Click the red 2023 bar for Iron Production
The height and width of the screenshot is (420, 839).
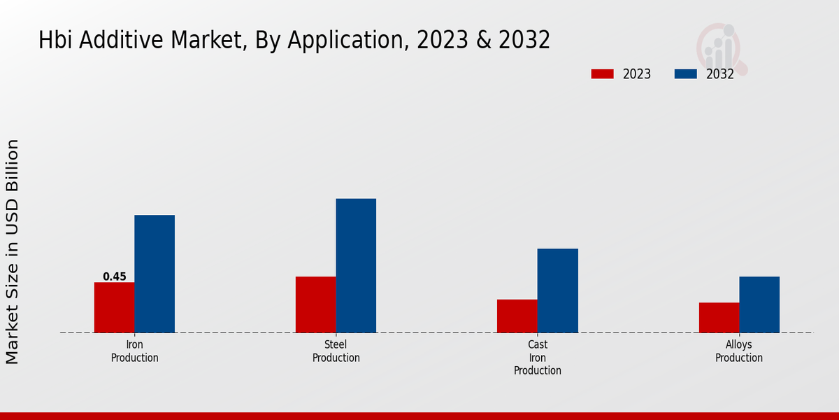click(114, 307)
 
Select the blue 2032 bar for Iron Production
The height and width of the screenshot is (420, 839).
click(155, 274)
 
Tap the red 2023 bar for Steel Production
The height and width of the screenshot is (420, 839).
click(315, 304)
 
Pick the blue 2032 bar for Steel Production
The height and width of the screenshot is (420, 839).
click(356, 265)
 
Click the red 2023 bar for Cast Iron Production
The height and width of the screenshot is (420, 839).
click(517, 316)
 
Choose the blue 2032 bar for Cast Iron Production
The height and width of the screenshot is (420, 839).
click(558, 290)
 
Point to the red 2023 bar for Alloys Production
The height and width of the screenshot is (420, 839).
click(719, 317)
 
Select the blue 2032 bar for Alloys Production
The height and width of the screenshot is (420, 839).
click(759, 304)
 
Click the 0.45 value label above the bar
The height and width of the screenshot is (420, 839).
click(115, 276)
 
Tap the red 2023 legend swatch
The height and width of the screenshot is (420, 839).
click(602, 74)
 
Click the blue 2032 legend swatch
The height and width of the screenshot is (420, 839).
click(685, 74)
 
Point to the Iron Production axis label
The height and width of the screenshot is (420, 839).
click(134, 351)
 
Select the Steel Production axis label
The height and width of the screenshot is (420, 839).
click(336, 351)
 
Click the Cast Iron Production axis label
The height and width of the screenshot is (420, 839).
click(538, 358)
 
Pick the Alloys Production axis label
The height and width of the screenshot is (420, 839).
click(739, 351)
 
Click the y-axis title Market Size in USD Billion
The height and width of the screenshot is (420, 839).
click(13, 252)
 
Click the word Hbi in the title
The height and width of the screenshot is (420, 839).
click(55, 41)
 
